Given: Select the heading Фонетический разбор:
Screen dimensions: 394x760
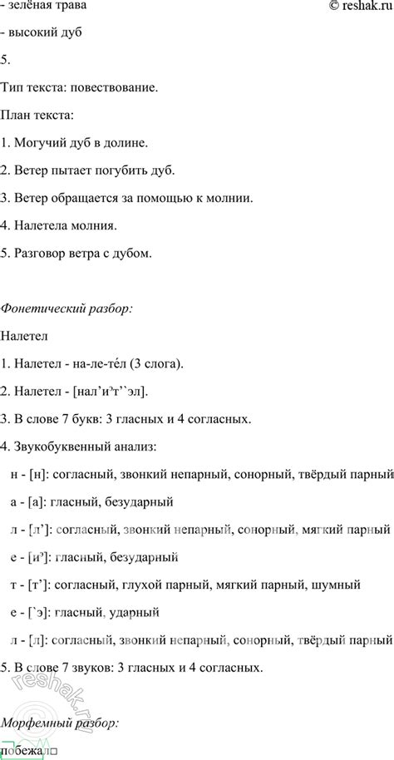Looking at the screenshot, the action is pos(66,308).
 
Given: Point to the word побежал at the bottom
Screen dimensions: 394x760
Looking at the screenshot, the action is pos(29,752).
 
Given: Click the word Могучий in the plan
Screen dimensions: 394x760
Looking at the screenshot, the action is pos(39,143).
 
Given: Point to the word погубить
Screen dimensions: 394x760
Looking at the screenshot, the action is pos(128,170).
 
